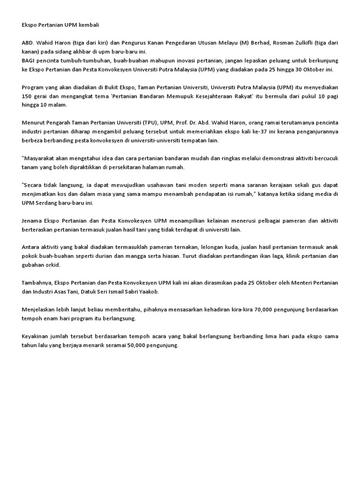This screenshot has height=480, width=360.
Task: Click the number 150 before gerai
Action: coord(27,96)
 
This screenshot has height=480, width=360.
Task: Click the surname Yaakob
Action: coord(148,292)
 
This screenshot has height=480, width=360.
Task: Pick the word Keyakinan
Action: coord(37,337)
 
